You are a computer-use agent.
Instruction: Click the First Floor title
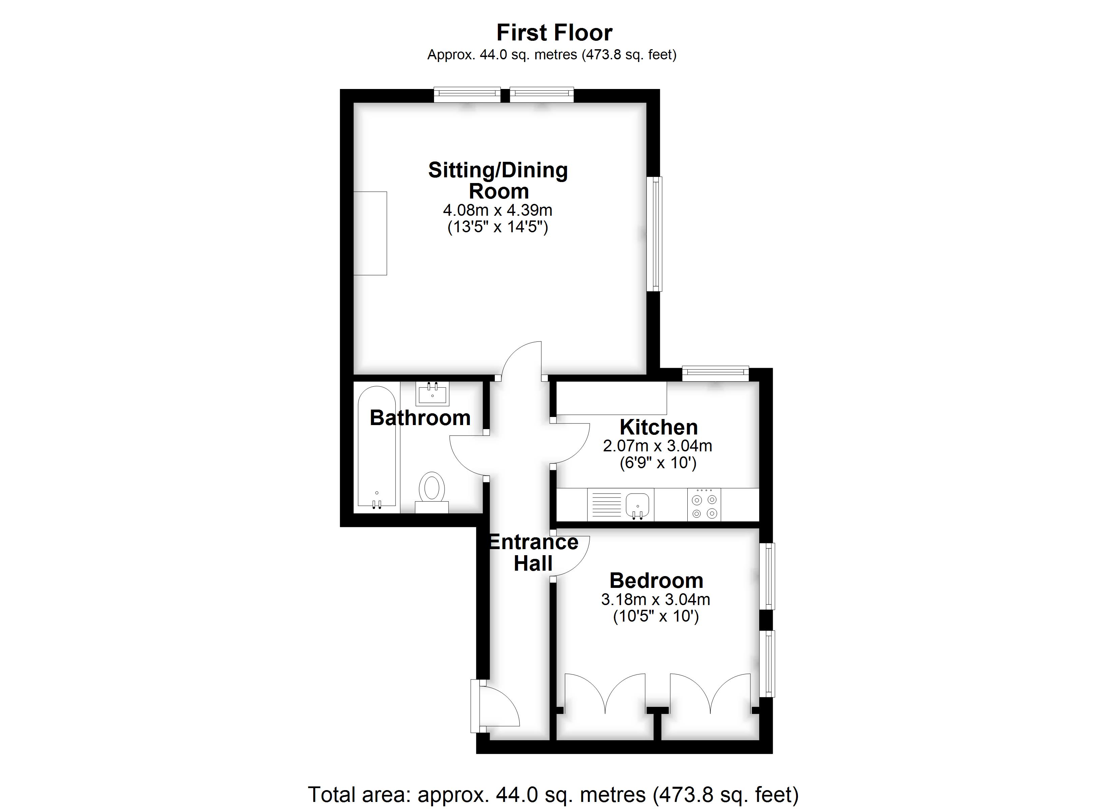click(554, 33)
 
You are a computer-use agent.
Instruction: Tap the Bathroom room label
click(420, 418)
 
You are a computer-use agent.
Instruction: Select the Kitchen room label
click(659, 427)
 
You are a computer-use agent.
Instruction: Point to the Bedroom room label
click(656, 581)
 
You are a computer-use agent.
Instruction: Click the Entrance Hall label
click(534, 553)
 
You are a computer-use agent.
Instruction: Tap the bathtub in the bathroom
click(376, 446)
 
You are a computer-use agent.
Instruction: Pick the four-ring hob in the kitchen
click(704, 505)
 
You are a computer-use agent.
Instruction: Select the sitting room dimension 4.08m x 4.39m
click(497, 210)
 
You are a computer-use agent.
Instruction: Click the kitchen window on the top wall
click(715, 374)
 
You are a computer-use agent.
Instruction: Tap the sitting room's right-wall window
click(655, 234)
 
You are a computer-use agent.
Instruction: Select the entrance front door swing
click(498, 707)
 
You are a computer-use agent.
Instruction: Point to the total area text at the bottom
click(553, 794)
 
